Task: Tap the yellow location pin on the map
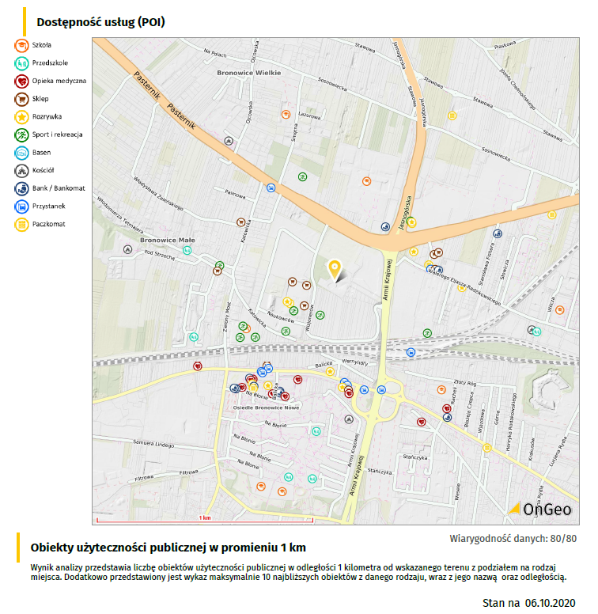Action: [335, 271]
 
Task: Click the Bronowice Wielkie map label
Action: [248, 72]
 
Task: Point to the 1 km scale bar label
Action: [205, 518]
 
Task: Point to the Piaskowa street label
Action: [505, 46]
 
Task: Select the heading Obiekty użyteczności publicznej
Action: [168, 548]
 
